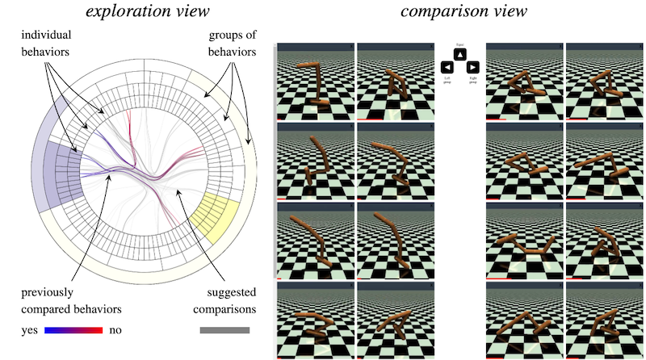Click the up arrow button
tap(459, 54)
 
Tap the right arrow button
tap(473, 67)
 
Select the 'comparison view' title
tap(457, 13)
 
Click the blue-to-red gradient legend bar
tap(73, 330)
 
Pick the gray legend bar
tap(224, 330)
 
